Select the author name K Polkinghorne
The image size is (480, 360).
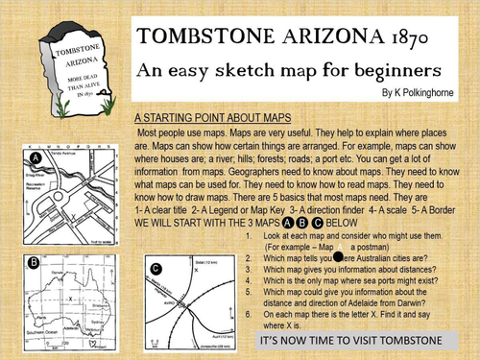[421, 95]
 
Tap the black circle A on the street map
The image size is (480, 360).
[36, 158]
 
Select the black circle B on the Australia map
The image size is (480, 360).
[33, 260]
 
